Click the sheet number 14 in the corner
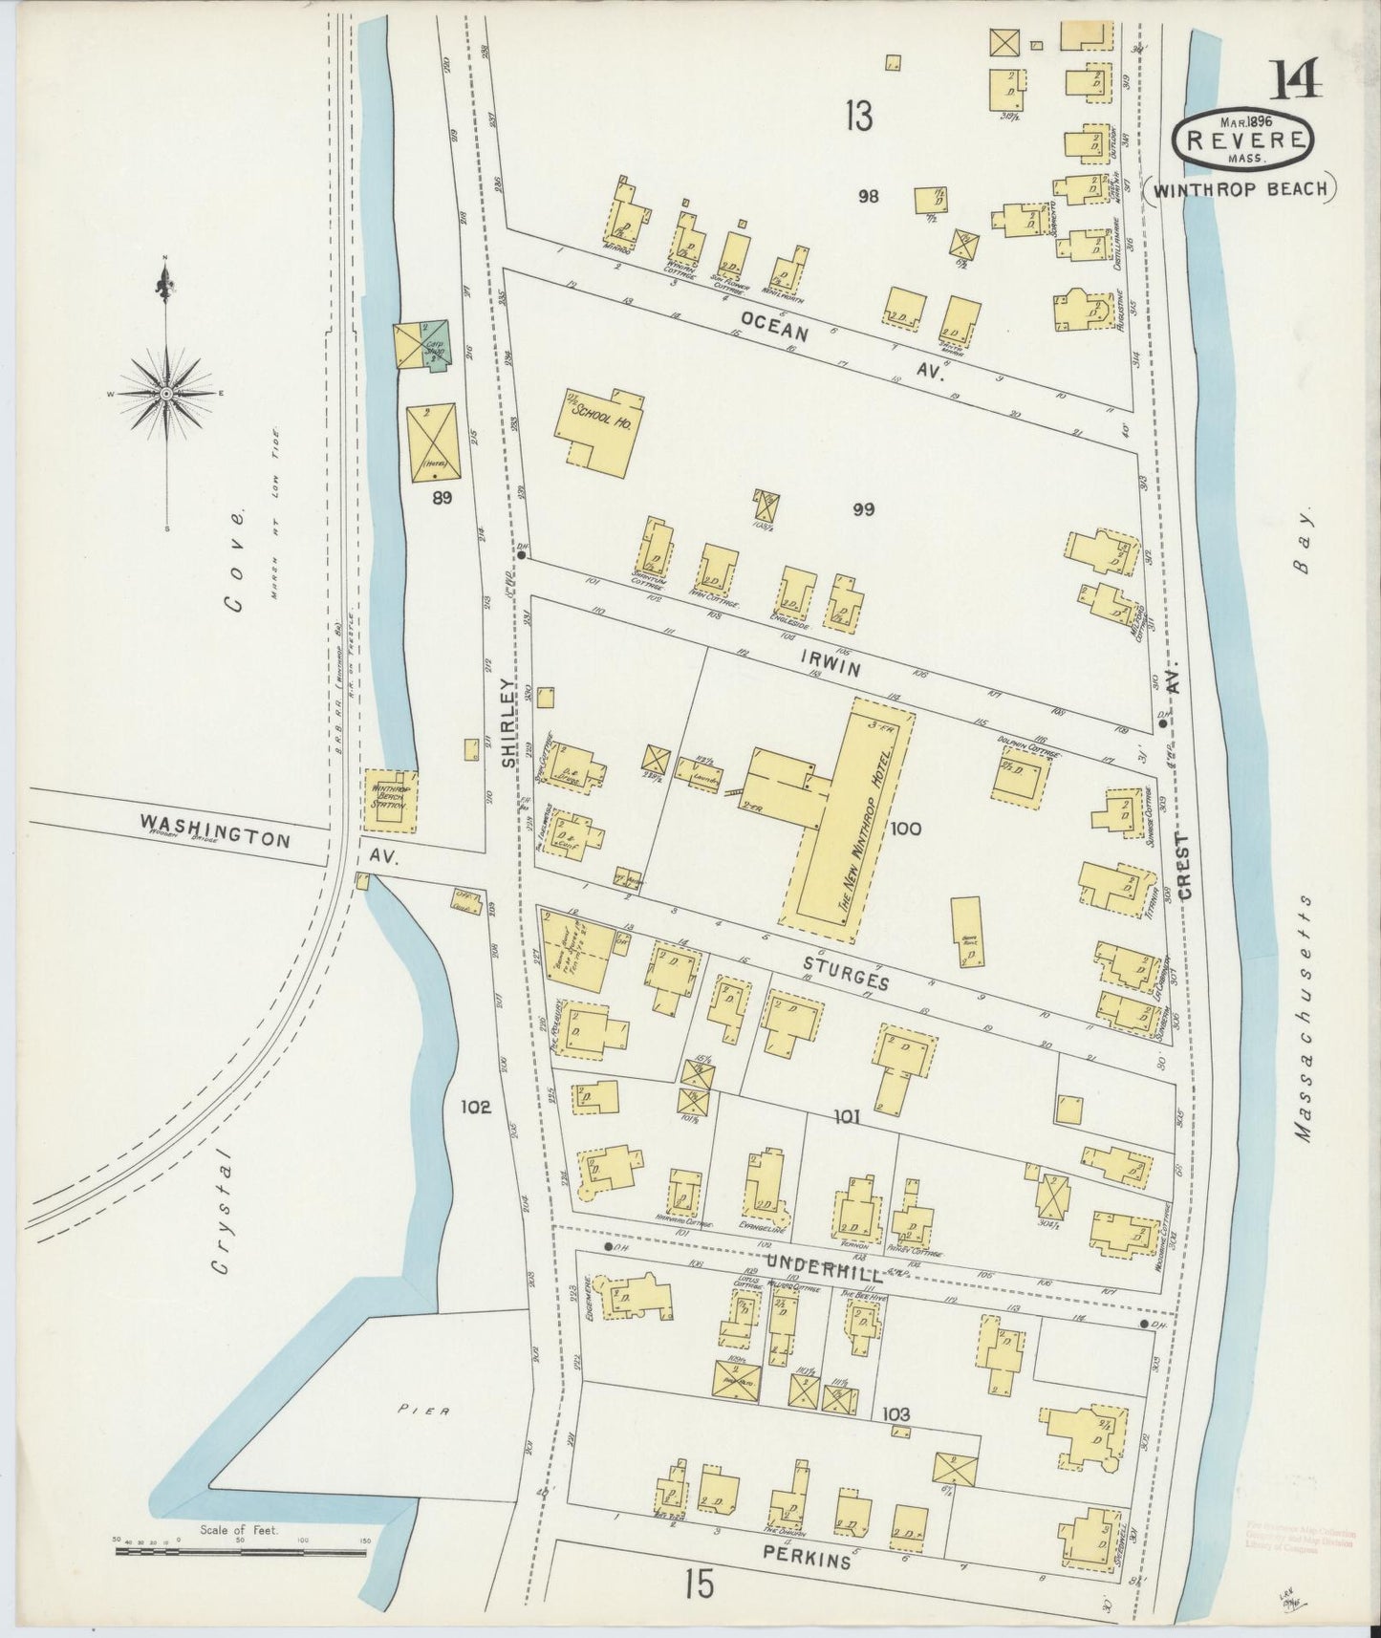[x=1298, y=80]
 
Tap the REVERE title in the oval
[x=1243, y=140]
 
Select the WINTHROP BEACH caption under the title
[x=1240, y=189]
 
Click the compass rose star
[x=166, y=394]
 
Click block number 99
[x=863, y=509]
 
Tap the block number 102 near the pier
[x=475, y=1108]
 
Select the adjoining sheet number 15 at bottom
[x=699, y=1585]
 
